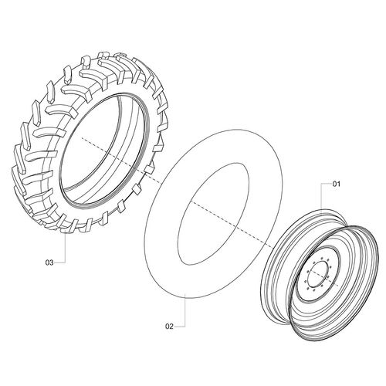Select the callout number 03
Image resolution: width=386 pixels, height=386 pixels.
coord(49,262)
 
